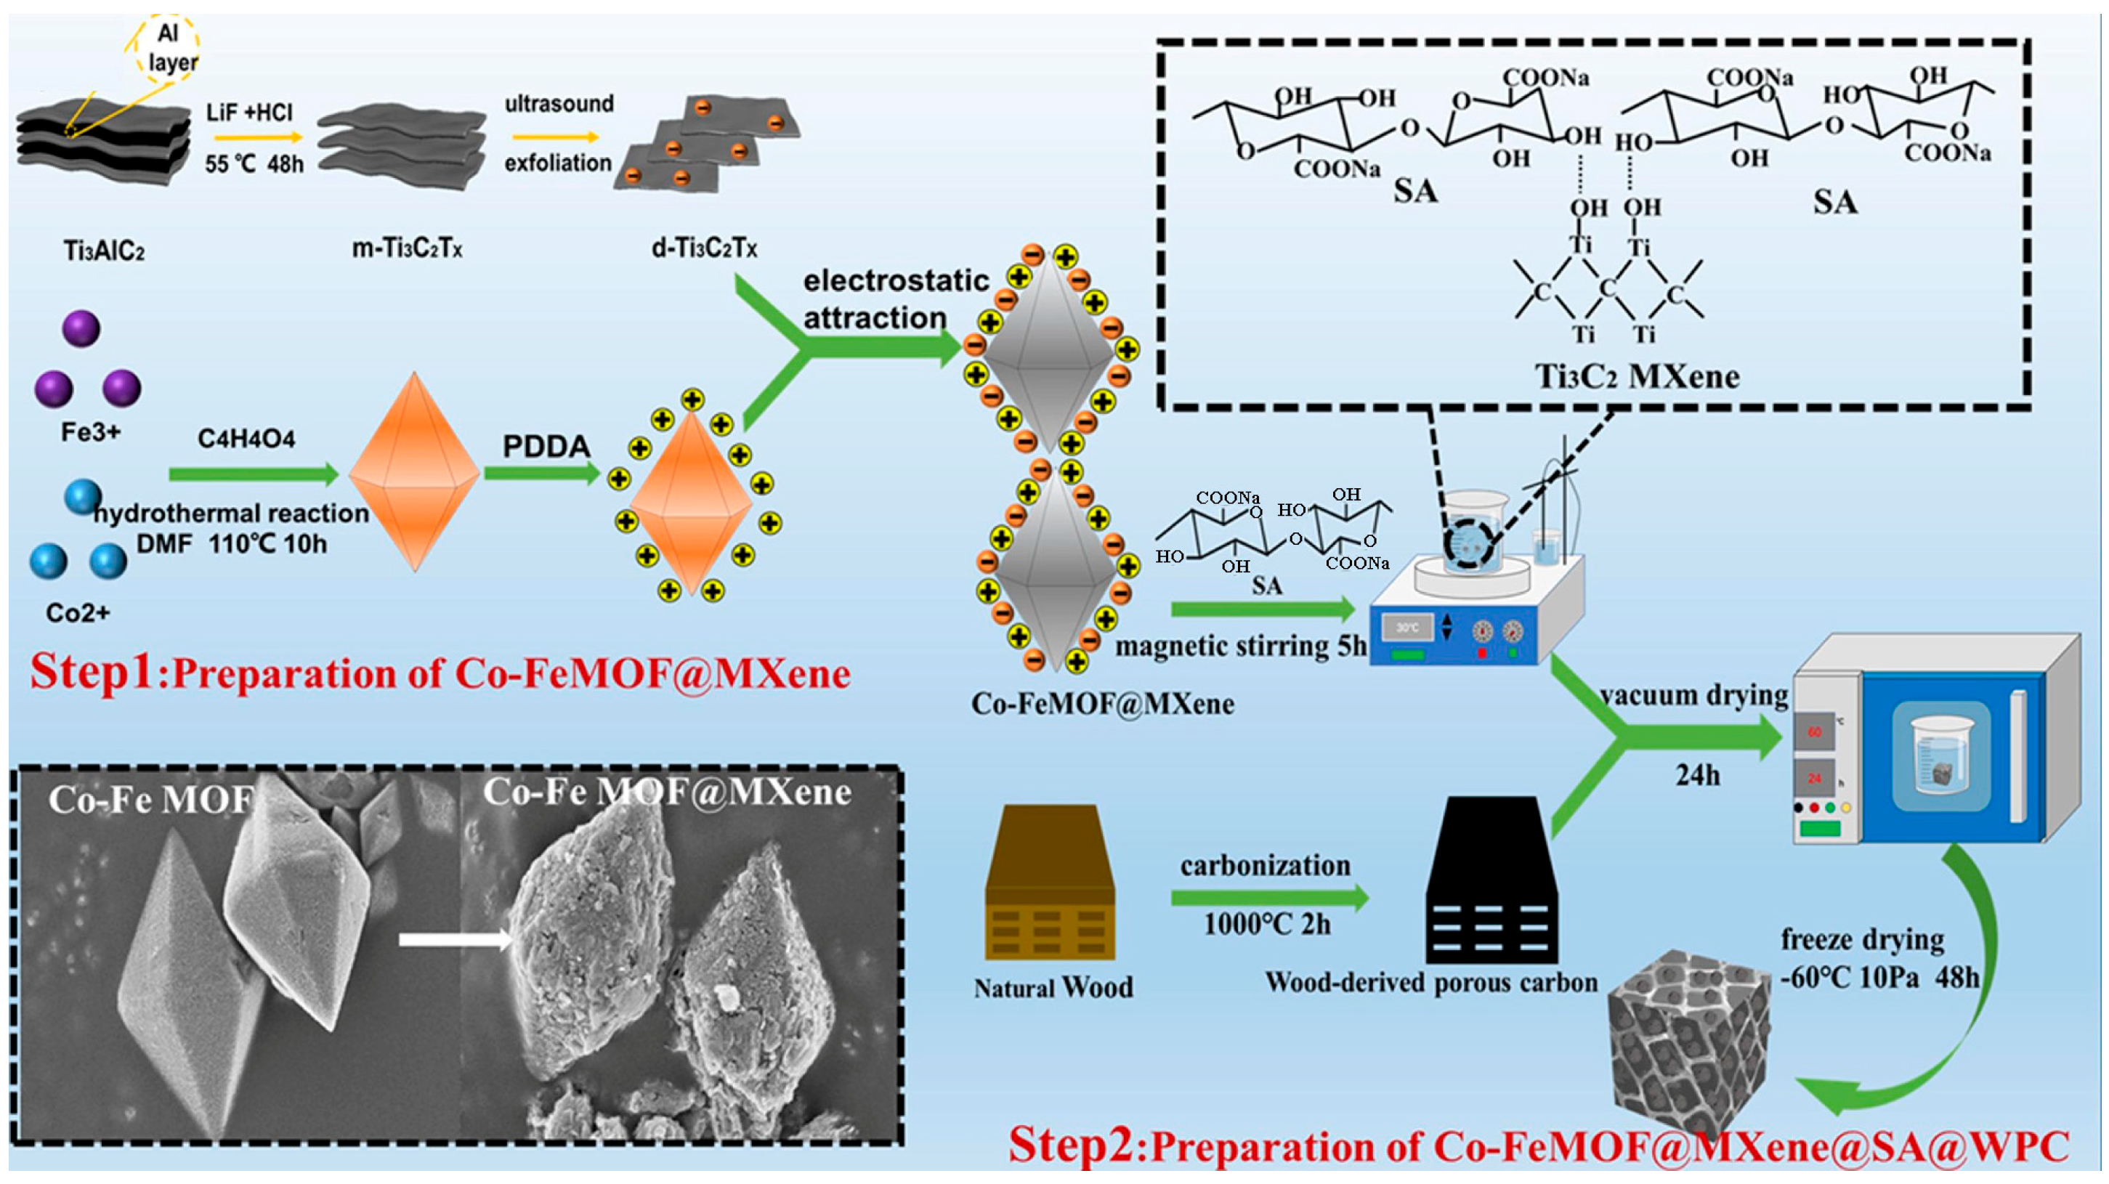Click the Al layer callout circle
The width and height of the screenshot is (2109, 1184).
click(x=167, y=47)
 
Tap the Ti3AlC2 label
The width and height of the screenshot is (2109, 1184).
click(x=104, y=251)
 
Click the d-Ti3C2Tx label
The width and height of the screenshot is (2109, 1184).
click(x=705, y=247)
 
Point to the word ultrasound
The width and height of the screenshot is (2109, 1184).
click(x=559, y=104)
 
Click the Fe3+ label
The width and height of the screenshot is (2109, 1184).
click(x=91, y=432)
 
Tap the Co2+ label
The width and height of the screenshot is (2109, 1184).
click(x=78, y=612)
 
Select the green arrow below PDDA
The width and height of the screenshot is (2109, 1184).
click(x=542, y=474)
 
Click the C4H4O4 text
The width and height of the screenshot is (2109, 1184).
click(x=246, y=439)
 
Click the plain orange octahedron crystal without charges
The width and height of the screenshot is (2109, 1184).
click(x=414, y=471)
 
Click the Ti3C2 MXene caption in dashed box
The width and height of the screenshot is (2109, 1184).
click(x=1637, y=377)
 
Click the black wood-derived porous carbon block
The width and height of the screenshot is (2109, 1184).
click(x=1491, y=881)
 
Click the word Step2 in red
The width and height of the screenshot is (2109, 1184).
click(x=1072, y=1144)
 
